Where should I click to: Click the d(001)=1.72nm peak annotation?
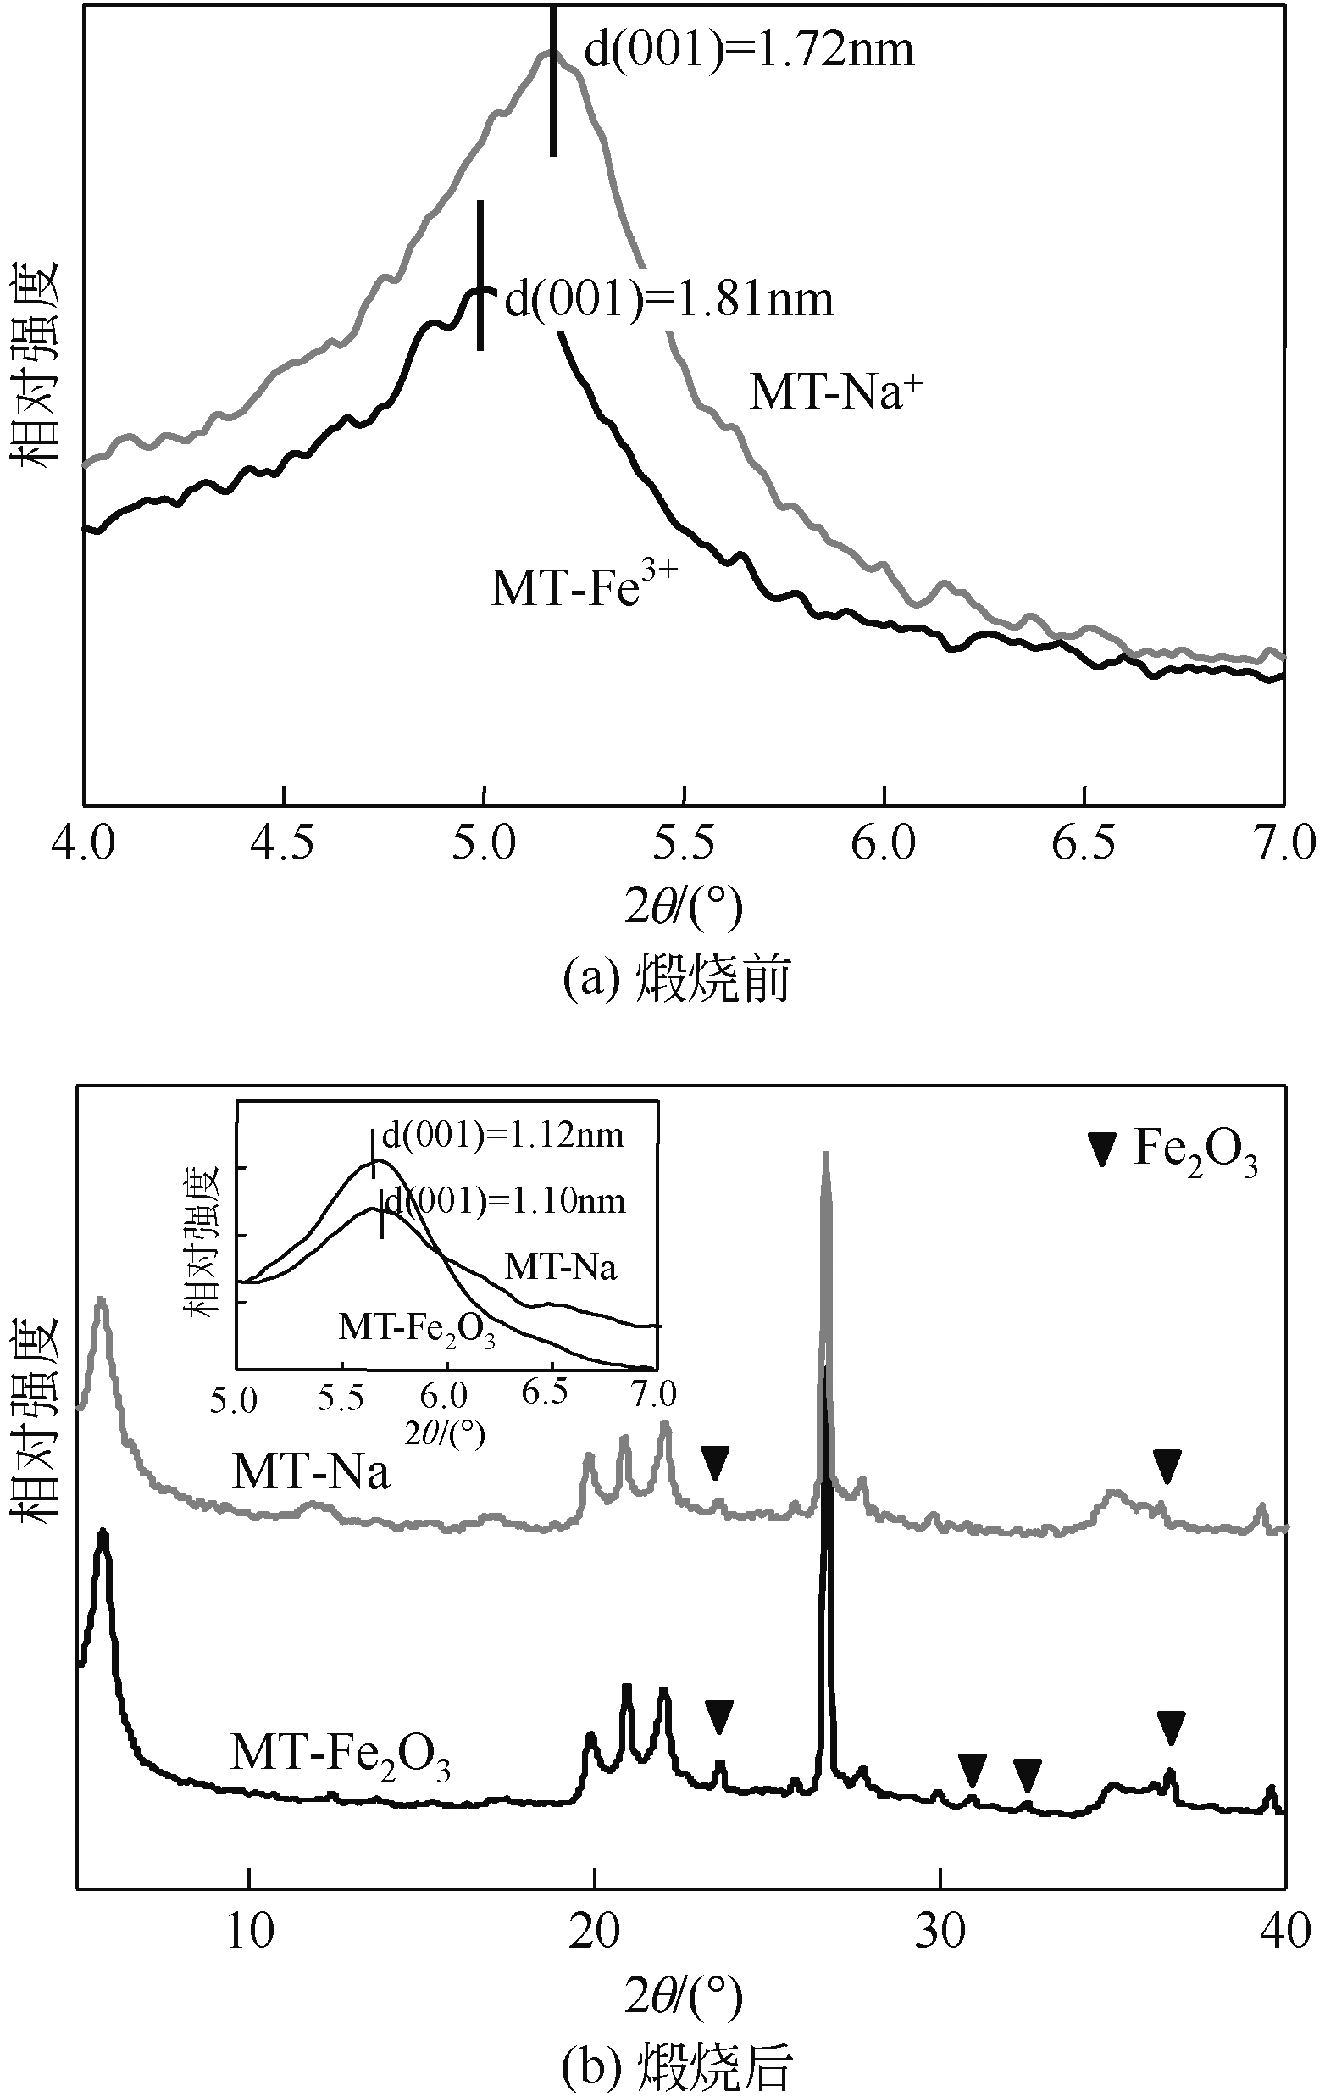tap(748, 50)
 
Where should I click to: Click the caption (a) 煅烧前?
tap(677, 979)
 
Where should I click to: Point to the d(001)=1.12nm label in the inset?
tap(504, 1134)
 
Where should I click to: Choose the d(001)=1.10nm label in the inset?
tap(506, 1201)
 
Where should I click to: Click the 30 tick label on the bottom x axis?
tap(940, 1930)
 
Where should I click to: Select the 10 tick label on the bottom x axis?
tap(250, 1930)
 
